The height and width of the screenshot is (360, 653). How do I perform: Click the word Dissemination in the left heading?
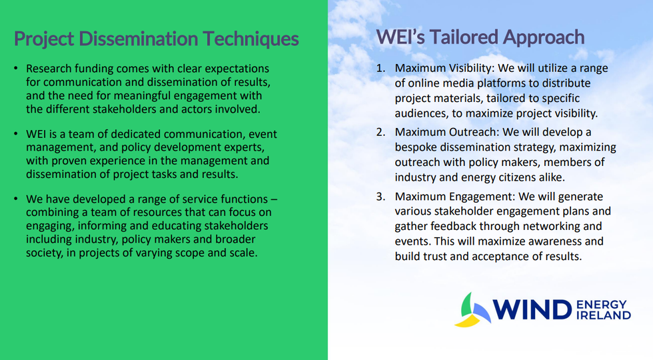[x=138, y=39]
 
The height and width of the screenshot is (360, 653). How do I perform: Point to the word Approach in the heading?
[x=544, y=38]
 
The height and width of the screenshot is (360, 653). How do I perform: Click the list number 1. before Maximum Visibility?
[x=381, y=68]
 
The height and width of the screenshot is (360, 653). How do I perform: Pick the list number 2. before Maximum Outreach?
[x=381, y=132]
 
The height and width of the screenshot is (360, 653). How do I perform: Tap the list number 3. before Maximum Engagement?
[x=381, y=196]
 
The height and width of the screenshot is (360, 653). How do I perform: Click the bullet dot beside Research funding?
[x=16, y=68]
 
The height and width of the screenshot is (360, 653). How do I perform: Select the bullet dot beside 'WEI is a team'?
[x=16, y=134]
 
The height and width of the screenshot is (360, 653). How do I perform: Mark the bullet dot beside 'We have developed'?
[x=16, y=199]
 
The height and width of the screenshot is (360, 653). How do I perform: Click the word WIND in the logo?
[x=532, y=309]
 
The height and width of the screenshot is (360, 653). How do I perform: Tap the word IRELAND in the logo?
[x=604, y=315]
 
